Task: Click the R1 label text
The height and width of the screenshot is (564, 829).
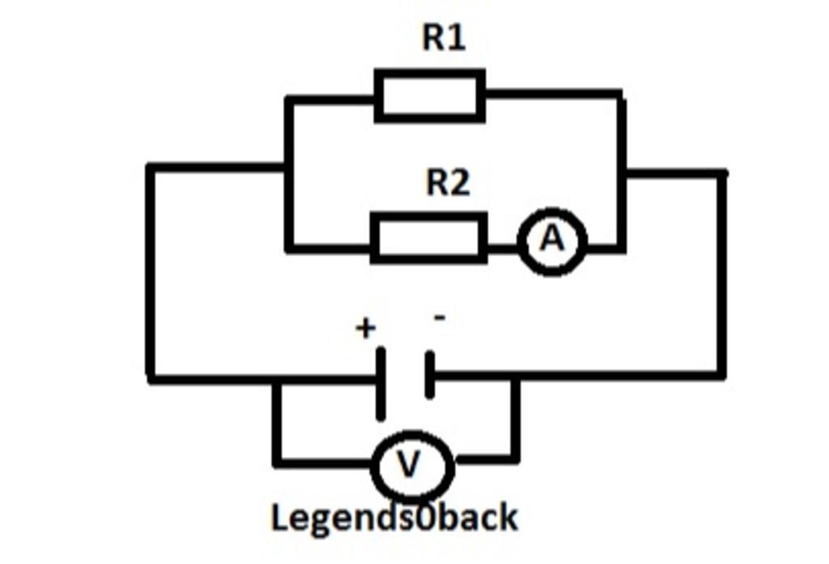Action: pyautogui.click(x=444, y=37)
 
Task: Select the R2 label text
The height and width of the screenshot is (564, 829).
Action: pyautogui.click(x=448, y=183)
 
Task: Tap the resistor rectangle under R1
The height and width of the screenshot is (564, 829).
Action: pyautogui.click(x=430, y=96)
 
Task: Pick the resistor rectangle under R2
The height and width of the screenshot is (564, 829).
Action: pyautogui.click(x=429, y=238)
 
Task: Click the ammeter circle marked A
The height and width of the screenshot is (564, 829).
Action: pyautogui.click(x=552, y=241)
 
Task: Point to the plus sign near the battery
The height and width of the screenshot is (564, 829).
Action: pyautogui.click(x=366, y=328)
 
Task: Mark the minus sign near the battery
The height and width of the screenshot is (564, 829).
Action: pyautogui.click(x=439, y=318)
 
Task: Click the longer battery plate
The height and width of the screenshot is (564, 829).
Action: pyautogui.click(x=380, y=383)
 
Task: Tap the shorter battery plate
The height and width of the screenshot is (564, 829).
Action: pyautogui.click(x=429, y=374)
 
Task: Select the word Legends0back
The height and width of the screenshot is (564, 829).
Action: pyautogui.click(x=393, y=517)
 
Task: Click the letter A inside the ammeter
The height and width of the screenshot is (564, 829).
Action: pyautogui.click(x=552, y=239)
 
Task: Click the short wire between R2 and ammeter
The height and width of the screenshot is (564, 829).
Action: pyautogui.click(x=503, y=243)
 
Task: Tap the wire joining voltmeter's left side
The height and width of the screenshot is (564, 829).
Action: pyautogui.click(x=324, y=464)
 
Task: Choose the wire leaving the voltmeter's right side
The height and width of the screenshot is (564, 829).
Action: pyautogui.click(x=486, y=459)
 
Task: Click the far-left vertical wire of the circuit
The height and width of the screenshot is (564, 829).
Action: pyautogui.click(x=151, y=271)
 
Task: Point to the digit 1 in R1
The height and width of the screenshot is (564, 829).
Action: pyautogui.click(x=457, y=37)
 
